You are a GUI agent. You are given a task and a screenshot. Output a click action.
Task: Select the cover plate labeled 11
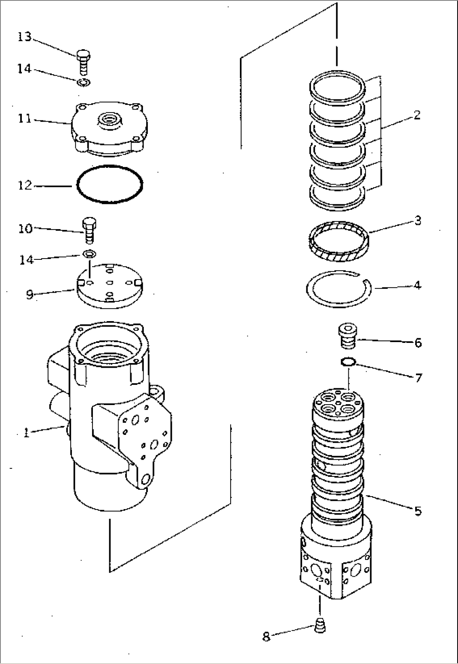110,130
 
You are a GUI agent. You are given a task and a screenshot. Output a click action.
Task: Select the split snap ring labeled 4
339,290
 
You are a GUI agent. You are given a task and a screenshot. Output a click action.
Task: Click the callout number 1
26,433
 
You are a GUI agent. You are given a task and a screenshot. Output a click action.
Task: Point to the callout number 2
416,114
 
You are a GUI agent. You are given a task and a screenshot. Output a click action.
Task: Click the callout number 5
418,511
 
